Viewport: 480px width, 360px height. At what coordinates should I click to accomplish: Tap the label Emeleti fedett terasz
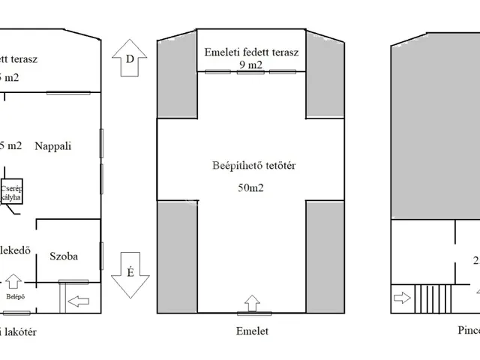[x=251, y=52]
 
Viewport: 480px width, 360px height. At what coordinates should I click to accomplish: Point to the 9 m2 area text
[x=250, y=65]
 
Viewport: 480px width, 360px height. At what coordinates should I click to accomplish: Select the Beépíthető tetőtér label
[x=250, y=166]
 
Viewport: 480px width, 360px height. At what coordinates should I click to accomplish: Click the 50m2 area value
[x=250, y=187]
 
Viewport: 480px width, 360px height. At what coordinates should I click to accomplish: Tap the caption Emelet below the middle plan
[x=251, y=330]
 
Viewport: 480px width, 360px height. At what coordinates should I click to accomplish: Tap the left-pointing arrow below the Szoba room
[x=77, y=302]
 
